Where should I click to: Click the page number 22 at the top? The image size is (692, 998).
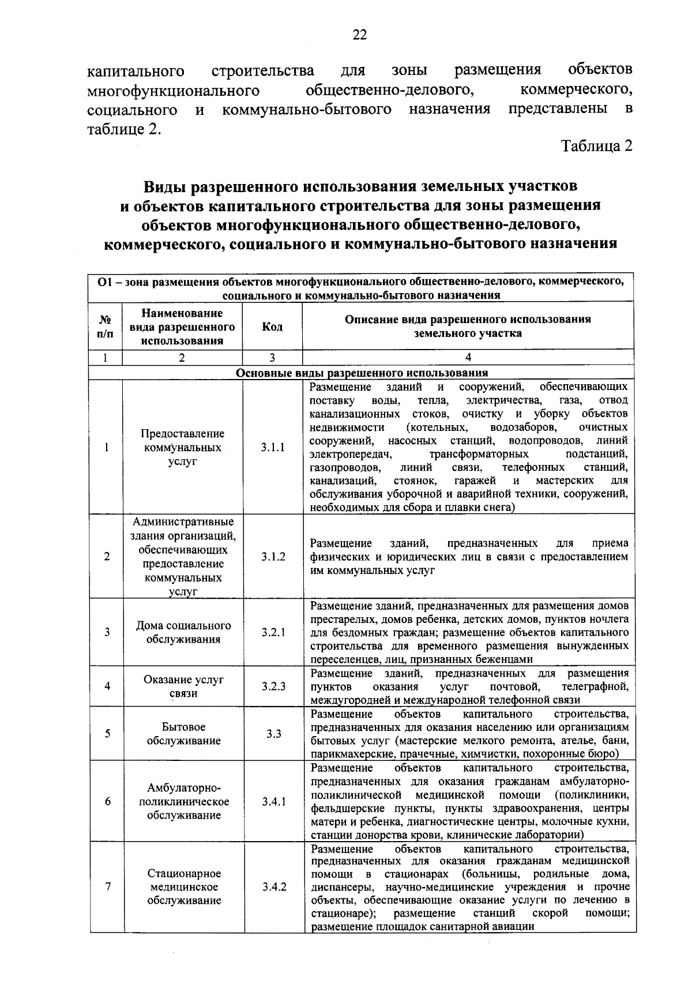(x=359, y=35)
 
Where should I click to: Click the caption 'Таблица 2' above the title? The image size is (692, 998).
(x=597, y=146)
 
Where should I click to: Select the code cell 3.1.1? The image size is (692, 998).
(x=273, y=447)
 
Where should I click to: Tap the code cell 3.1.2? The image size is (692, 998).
(x=273, y=557)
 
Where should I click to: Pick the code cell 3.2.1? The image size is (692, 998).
(x=273, y=632)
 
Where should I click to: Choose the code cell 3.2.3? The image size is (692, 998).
(x=273, y=686)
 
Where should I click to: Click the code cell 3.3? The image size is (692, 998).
(x=273, y=734)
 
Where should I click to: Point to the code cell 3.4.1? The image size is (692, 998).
(x=273, y=802)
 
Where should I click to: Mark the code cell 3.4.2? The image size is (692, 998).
(x=273, y=887)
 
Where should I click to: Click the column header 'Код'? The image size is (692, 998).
(x=272, y=327)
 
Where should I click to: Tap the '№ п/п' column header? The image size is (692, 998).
(x=106, y=327)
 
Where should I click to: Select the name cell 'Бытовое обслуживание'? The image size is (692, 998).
(x=183, y=734)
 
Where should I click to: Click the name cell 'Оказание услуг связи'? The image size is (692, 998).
(x=183, y=686)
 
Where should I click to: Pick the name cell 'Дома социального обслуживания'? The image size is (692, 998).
(x=183, y=632)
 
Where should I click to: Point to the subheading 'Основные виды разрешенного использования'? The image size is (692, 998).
(x=362, y=373)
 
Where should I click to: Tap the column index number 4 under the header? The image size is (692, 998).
(x=468, y=357)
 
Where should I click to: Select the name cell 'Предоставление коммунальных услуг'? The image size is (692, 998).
(x=183, y=447)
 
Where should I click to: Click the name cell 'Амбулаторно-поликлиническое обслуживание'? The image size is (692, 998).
(x=183, y=802)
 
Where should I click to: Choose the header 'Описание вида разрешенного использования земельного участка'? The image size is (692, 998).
(x=468, y=326)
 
